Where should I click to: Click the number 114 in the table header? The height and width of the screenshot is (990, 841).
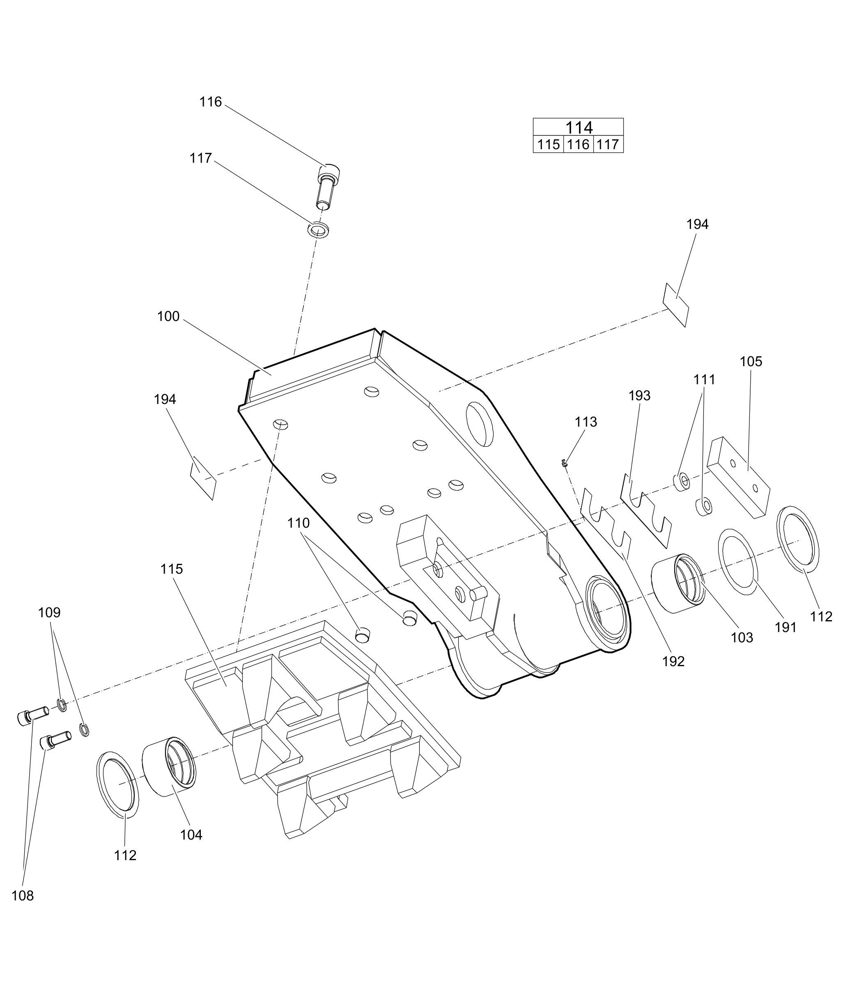[578, 127]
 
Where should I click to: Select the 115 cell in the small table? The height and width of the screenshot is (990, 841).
[548, 144]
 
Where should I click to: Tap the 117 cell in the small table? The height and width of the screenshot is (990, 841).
[608, 144]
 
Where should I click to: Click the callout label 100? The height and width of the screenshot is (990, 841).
[168, 316]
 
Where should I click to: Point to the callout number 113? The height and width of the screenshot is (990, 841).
[586, 422]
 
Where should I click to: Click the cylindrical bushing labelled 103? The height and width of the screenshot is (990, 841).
[678, 584]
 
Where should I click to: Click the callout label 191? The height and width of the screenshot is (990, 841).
[786, 628]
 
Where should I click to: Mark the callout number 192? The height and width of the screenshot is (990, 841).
[673, 661]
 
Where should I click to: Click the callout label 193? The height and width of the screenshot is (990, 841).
[639, 395]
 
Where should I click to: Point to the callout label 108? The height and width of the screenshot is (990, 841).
[23, 895]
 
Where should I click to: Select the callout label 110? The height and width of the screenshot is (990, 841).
[299, 523]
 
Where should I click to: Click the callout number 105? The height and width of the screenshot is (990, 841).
[751, 361]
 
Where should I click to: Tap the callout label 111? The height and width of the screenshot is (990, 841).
[704, 379]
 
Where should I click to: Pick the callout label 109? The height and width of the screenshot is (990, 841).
[50, 612]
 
